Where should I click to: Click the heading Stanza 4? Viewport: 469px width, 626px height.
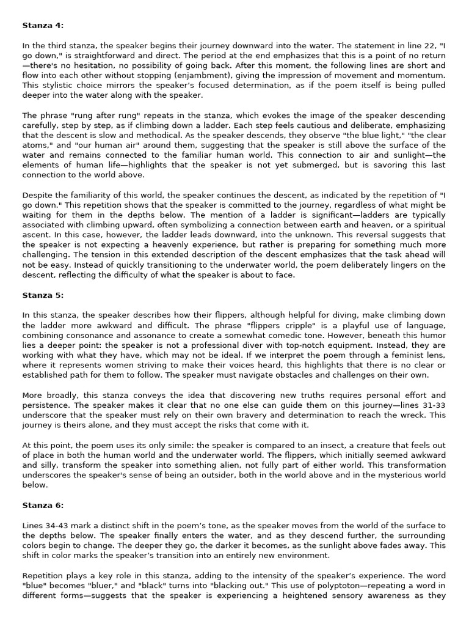tap(42, 26)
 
